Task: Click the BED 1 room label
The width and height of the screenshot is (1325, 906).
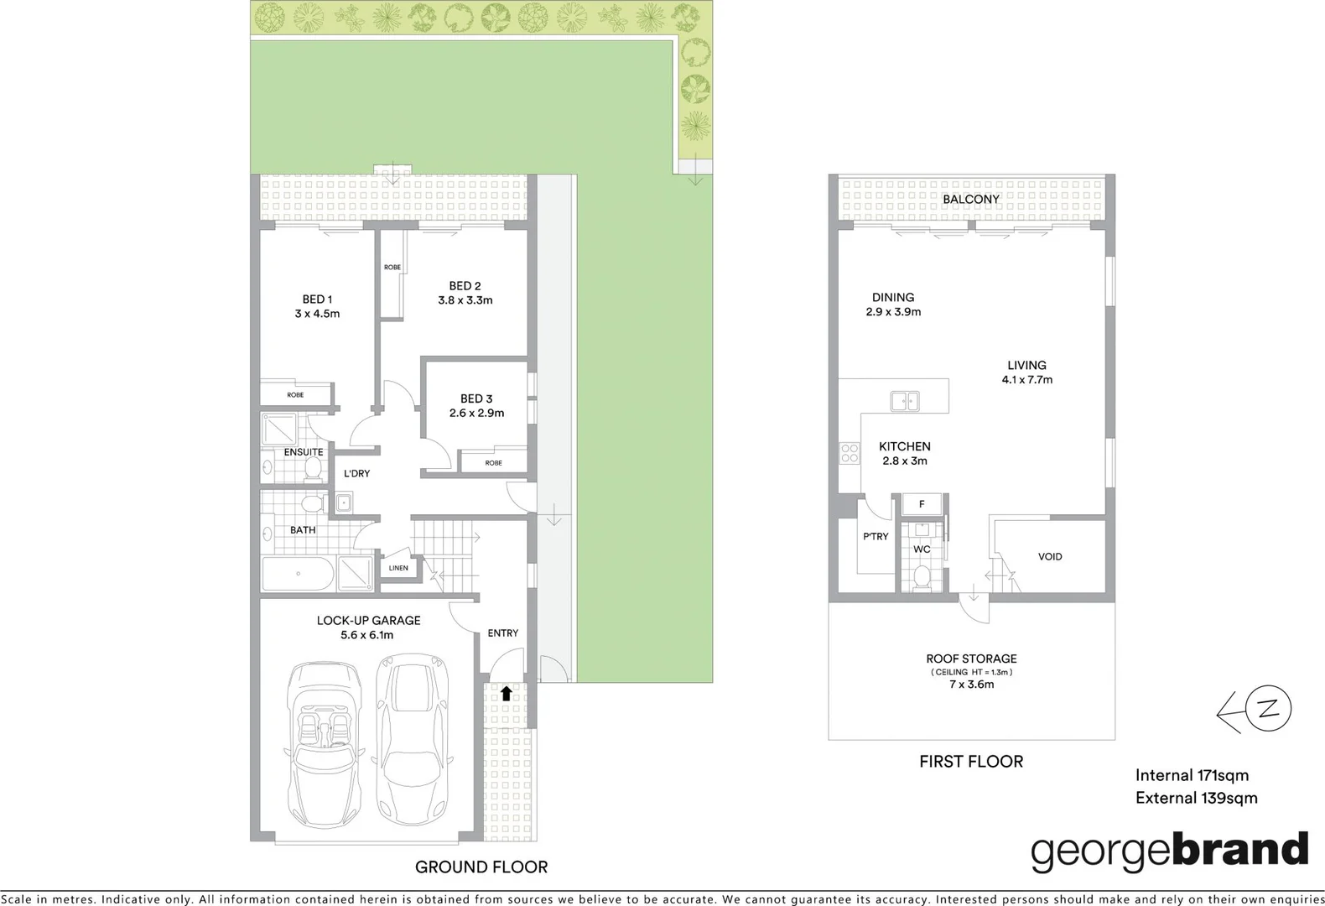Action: (x=317, y=299)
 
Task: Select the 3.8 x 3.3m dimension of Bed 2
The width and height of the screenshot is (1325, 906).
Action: (x=465, y=300)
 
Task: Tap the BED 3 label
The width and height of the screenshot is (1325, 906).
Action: (x=475, y=398)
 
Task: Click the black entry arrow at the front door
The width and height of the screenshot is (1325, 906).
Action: (x=506, y=694)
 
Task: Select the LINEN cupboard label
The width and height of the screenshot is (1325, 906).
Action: (x=398, y=568)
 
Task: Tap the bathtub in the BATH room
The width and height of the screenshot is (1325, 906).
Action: (x=298, y=574)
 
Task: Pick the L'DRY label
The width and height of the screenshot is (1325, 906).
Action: (x=356, y=473)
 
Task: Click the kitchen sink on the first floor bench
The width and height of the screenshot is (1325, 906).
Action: (x=904, y=402)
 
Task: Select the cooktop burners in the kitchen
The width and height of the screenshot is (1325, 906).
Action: (x=850, y=454)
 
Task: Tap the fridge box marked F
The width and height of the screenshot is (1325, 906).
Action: (x=922, y=504)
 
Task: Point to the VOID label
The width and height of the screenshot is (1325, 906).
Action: (x=1049, y=556)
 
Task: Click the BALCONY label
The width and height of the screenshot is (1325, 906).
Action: (x=970, y=200)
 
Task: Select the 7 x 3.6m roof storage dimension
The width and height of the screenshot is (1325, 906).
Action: (x=971, y=685)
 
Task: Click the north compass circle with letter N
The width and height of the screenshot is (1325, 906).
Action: (x=1269, y=709)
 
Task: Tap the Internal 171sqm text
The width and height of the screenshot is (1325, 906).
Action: (x=1191, y=775)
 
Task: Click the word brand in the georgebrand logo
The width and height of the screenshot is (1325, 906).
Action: (x=1239, y=851)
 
